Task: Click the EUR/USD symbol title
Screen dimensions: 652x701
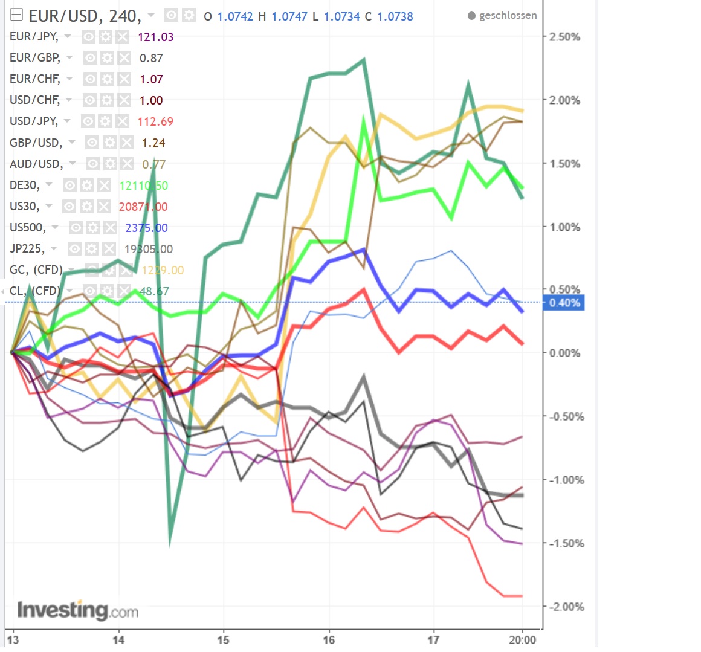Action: (x=85, y=16)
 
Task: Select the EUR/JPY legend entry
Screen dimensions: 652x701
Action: (x=34, y=37)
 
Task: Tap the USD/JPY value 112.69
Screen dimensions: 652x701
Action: (x=155, y=121)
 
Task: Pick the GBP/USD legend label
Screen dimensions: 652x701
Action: (x=36, y=143)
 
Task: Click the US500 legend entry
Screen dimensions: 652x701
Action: (x=27, y=228)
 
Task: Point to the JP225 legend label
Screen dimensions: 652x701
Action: (x=27, y=249)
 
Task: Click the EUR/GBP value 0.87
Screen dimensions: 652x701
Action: (x=151, y=58)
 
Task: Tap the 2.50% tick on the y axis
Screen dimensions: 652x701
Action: (x=564, y=37)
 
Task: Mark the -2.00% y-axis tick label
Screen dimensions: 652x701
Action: (x=564, y=607)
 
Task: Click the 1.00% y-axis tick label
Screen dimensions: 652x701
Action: (x=564, y=227)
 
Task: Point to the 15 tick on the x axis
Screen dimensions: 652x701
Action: (x=224, y=639)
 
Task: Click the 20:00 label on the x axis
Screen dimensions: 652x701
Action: (x=523, y=639)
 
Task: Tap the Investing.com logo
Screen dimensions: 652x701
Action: (x=77, y=610)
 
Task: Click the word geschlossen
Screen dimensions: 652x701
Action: (x=508, y=16)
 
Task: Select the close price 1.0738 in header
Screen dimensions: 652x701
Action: (x=395, y=16)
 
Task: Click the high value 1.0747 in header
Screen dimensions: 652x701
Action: (x=289, y=16)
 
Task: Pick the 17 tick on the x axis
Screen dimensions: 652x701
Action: (x=433, y=639)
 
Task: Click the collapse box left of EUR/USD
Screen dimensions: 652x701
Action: (x=17, y=15)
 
